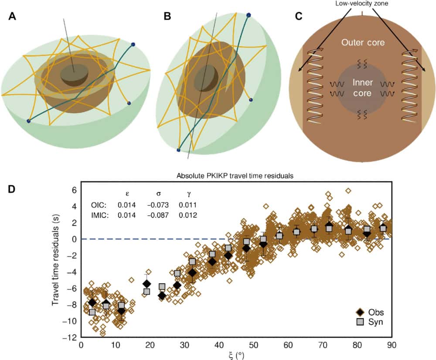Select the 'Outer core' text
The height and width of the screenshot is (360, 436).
click(x=362, y=43)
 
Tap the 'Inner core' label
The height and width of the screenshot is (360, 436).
click(x=362, y=87)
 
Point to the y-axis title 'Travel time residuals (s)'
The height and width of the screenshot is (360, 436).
click(x=56, y=264)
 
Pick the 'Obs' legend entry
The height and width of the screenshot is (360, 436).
click(x=375, y=312)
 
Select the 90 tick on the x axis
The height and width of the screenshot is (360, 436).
click(x=392, y=345)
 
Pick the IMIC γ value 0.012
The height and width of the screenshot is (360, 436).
click(x=187, y=215)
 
